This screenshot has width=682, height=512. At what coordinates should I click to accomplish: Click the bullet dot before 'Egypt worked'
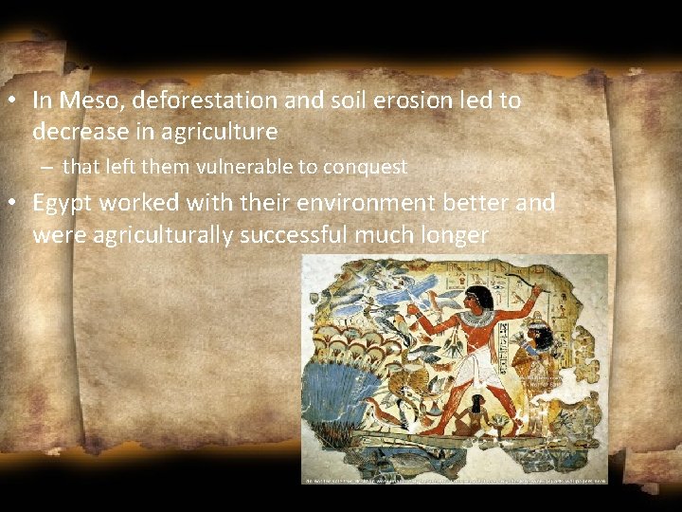point(17,204)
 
